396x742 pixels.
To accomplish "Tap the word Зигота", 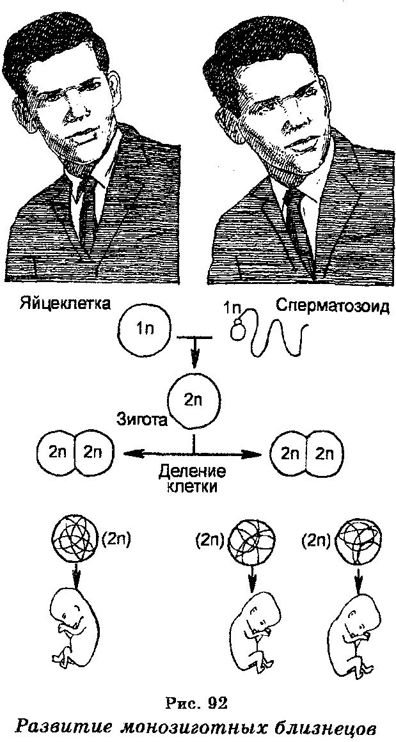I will [x=143, y=420].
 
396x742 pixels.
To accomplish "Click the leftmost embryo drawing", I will [x=75, y=624].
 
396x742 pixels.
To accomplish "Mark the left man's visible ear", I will [x=116, y=90].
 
